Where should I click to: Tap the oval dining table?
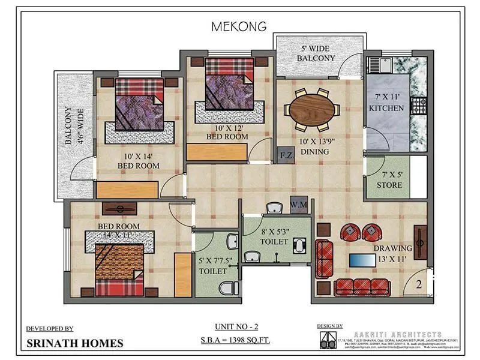point(312,109)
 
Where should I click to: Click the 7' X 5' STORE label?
point(389,179)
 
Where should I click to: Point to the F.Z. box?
point(286,156)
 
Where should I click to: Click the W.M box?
point(298,205)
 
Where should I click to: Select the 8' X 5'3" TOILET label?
point(275,236)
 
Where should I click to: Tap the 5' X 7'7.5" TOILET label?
point(215,265)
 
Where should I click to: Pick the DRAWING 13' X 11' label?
point(392,253)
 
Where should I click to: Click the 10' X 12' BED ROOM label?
point(226,131)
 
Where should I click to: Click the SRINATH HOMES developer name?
point(75,344)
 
